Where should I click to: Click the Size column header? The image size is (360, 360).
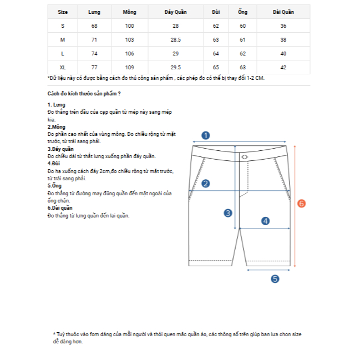pyautogui.click(x=63, y=12)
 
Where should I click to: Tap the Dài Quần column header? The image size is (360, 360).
pyautogui.click(x=283, y=12)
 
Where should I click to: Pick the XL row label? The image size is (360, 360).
pyautogui.click(x=63, y=67)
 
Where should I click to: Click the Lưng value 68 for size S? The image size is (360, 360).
pyautogui.click(x=94, y=26)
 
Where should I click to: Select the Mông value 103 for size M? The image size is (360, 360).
pyautogui.click(x=130, y=40)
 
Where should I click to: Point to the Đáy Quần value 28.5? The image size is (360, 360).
pyautogui.click(x=175, y=40)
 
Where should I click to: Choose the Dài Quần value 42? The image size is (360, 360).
pyautogui.click(x=283, y=67)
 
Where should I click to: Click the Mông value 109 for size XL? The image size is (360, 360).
pyautogui.click(x=130, y=67)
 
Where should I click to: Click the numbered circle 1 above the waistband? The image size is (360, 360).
pyautogui.click(x=205, y=135)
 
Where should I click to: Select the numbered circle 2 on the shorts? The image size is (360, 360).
pyautogui.click(x=205, y=184)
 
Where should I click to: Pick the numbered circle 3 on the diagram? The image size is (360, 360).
pyautogui.click(x=227, y=212)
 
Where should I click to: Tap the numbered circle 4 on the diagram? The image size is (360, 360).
pyautogui.click(x=265, y=221)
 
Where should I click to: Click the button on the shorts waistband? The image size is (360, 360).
pyautogui.click(x=244, y=158)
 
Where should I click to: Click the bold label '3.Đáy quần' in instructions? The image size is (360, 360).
pyautogui.click(x=60, y=149)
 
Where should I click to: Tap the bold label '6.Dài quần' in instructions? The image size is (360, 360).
pyautogui.click(x=60, y=207)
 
